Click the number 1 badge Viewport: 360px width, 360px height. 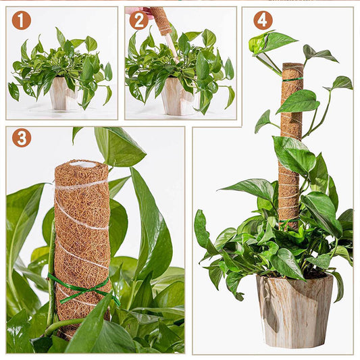(x=21, y=20)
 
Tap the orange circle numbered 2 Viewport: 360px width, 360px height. (x=138, y=20)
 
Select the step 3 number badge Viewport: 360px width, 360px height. (x=21, y=138)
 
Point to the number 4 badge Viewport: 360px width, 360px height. (x=263, y=20)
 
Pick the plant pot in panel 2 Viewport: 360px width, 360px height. (x=177, y=97)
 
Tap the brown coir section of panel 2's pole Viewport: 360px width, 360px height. (x=161, y=20)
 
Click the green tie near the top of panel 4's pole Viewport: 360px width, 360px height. (x=292, y=79)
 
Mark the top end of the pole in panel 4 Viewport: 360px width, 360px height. (x=292, y=66)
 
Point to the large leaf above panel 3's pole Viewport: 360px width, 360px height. (x=119, y=145)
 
